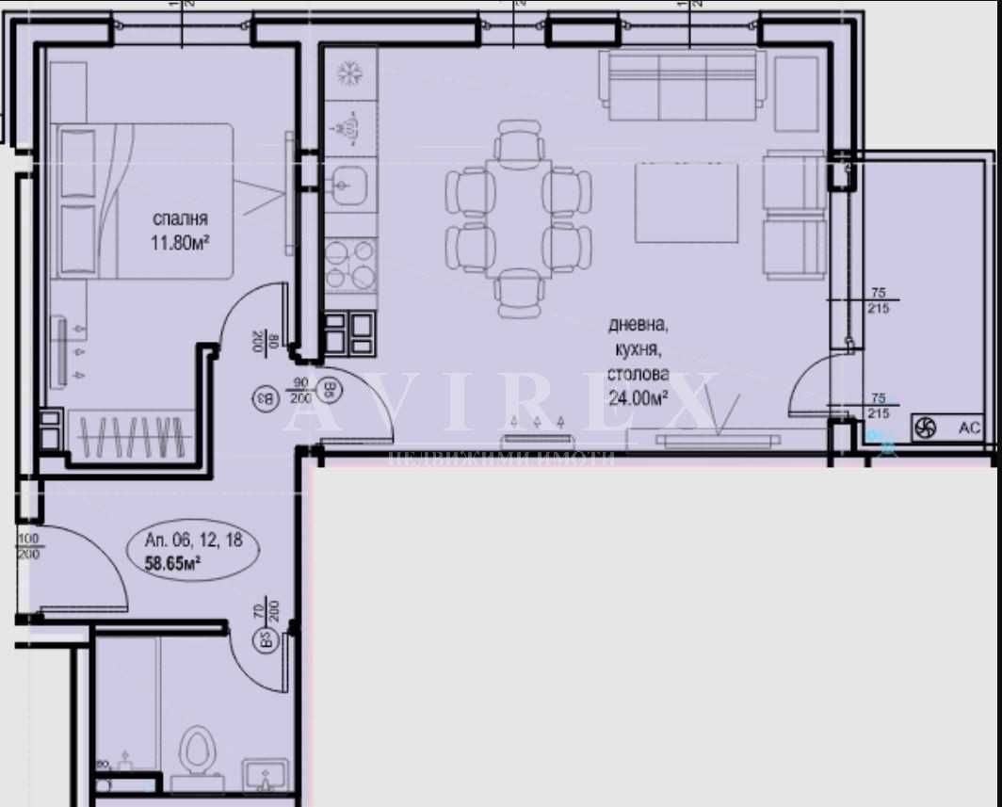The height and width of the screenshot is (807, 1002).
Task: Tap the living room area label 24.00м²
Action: point(637,397)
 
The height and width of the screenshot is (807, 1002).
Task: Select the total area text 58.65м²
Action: point(173,565)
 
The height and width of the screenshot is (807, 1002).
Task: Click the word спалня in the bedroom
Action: point(180,219)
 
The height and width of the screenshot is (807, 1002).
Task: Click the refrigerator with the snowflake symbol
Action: point(350,73)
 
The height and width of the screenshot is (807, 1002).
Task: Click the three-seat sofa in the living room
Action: point(683,84)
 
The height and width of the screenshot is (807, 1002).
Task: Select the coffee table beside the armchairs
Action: point(687,202)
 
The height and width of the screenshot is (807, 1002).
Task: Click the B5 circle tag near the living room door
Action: point(331,389)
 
